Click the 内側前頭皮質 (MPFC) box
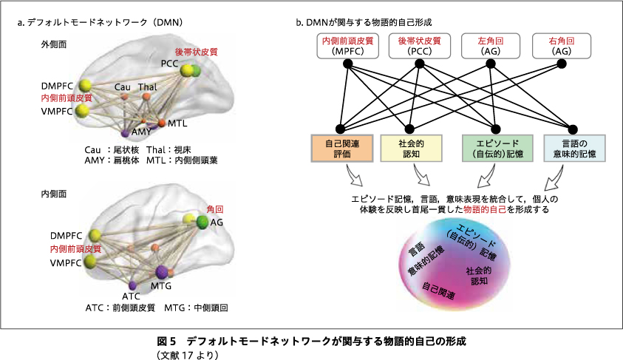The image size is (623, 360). coord(347,46)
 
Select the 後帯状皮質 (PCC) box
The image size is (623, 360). coord(420,46)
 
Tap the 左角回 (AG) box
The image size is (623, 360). coord(491,46)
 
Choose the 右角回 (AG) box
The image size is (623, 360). coord(562,46)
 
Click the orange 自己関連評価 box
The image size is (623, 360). coord(341,148)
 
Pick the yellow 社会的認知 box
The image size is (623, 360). coord(411,148)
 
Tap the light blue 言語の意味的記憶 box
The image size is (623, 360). coord(574,148)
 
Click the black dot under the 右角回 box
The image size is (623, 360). coord(562,64)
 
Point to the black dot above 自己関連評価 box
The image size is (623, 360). coord(340,129)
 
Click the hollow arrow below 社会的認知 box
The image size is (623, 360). coord(421,175)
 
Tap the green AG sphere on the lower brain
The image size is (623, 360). coord(202,222)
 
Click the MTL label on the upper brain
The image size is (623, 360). coord(177,123)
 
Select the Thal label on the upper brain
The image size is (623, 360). coord(147,87)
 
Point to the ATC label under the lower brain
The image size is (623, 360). coord(131,296)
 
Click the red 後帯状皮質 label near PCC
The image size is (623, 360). coord(197,52)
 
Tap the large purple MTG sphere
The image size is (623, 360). coord(162,272)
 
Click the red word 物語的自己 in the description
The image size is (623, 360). coord(485,209)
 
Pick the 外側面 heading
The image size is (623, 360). coord(54,44)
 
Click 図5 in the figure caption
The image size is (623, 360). coord(166,342)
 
